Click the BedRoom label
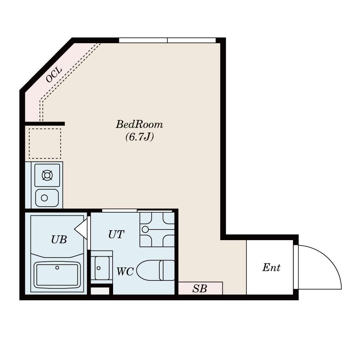[139, 125]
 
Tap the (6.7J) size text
[140, 137]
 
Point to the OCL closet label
[54, 75]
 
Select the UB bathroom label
[59, 239]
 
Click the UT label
[116, 234]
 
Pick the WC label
[125, 271]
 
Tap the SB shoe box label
[200, 288]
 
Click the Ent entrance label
[271, 268]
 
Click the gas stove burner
[47, 175]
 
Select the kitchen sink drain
[44, 198]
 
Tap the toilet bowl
[148, 270]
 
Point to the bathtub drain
[57, 268]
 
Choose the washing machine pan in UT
[157, 230]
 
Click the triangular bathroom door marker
[81, 229]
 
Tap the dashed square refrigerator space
[45, 144]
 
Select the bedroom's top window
[167, 40]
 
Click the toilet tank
[167, 270]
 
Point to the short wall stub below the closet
[45, 124]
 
